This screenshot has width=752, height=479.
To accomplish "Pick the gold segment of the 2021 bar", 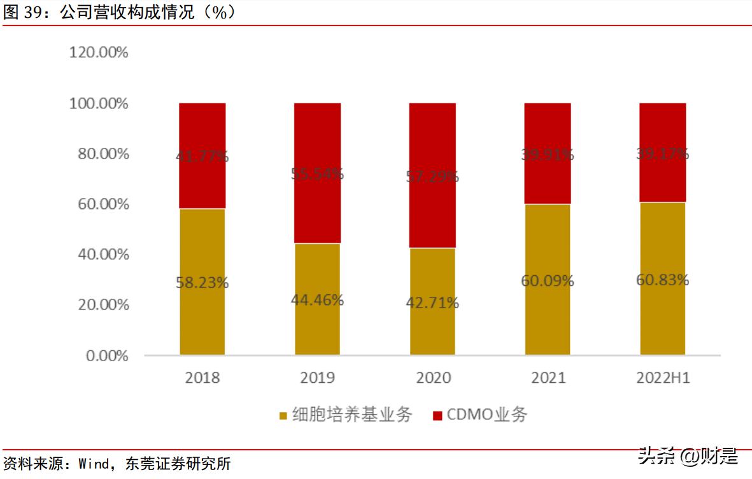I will [x=548, y=312].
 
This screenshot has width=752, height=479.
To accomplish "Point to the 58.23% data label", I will [x=202, y=282].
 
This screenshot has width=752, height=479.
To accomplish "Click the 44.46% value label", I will [x=317, y=300].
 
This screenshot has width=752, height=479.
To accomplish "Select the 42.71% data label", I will [x=432, y=303].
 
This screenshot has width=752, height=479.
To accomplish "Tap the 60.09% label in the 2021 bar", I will [x=548, y=280].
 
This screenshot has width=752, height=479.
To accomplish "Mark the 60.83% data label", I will [x=663, y=280].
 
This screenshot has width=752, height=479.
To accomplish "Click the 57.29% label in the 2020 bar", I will [x=432, y=176].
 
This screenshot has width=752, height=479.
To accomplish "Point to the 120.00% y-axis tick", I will [x=99, y=53].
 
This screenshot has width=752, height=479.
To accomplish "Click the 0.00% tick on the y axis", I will [x=107, y=355].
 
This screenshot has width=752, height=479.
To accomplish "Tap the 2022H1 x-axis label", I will [x=663, y=378].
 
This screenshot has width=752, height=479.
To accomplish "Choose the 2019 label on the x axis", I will [x=317, y=378].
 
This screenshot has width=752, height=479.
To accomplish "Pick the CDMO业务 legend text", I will [x=487, y=415].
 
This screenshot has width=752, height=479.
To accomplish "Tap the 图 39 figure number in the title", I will [x=23, y=12].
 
